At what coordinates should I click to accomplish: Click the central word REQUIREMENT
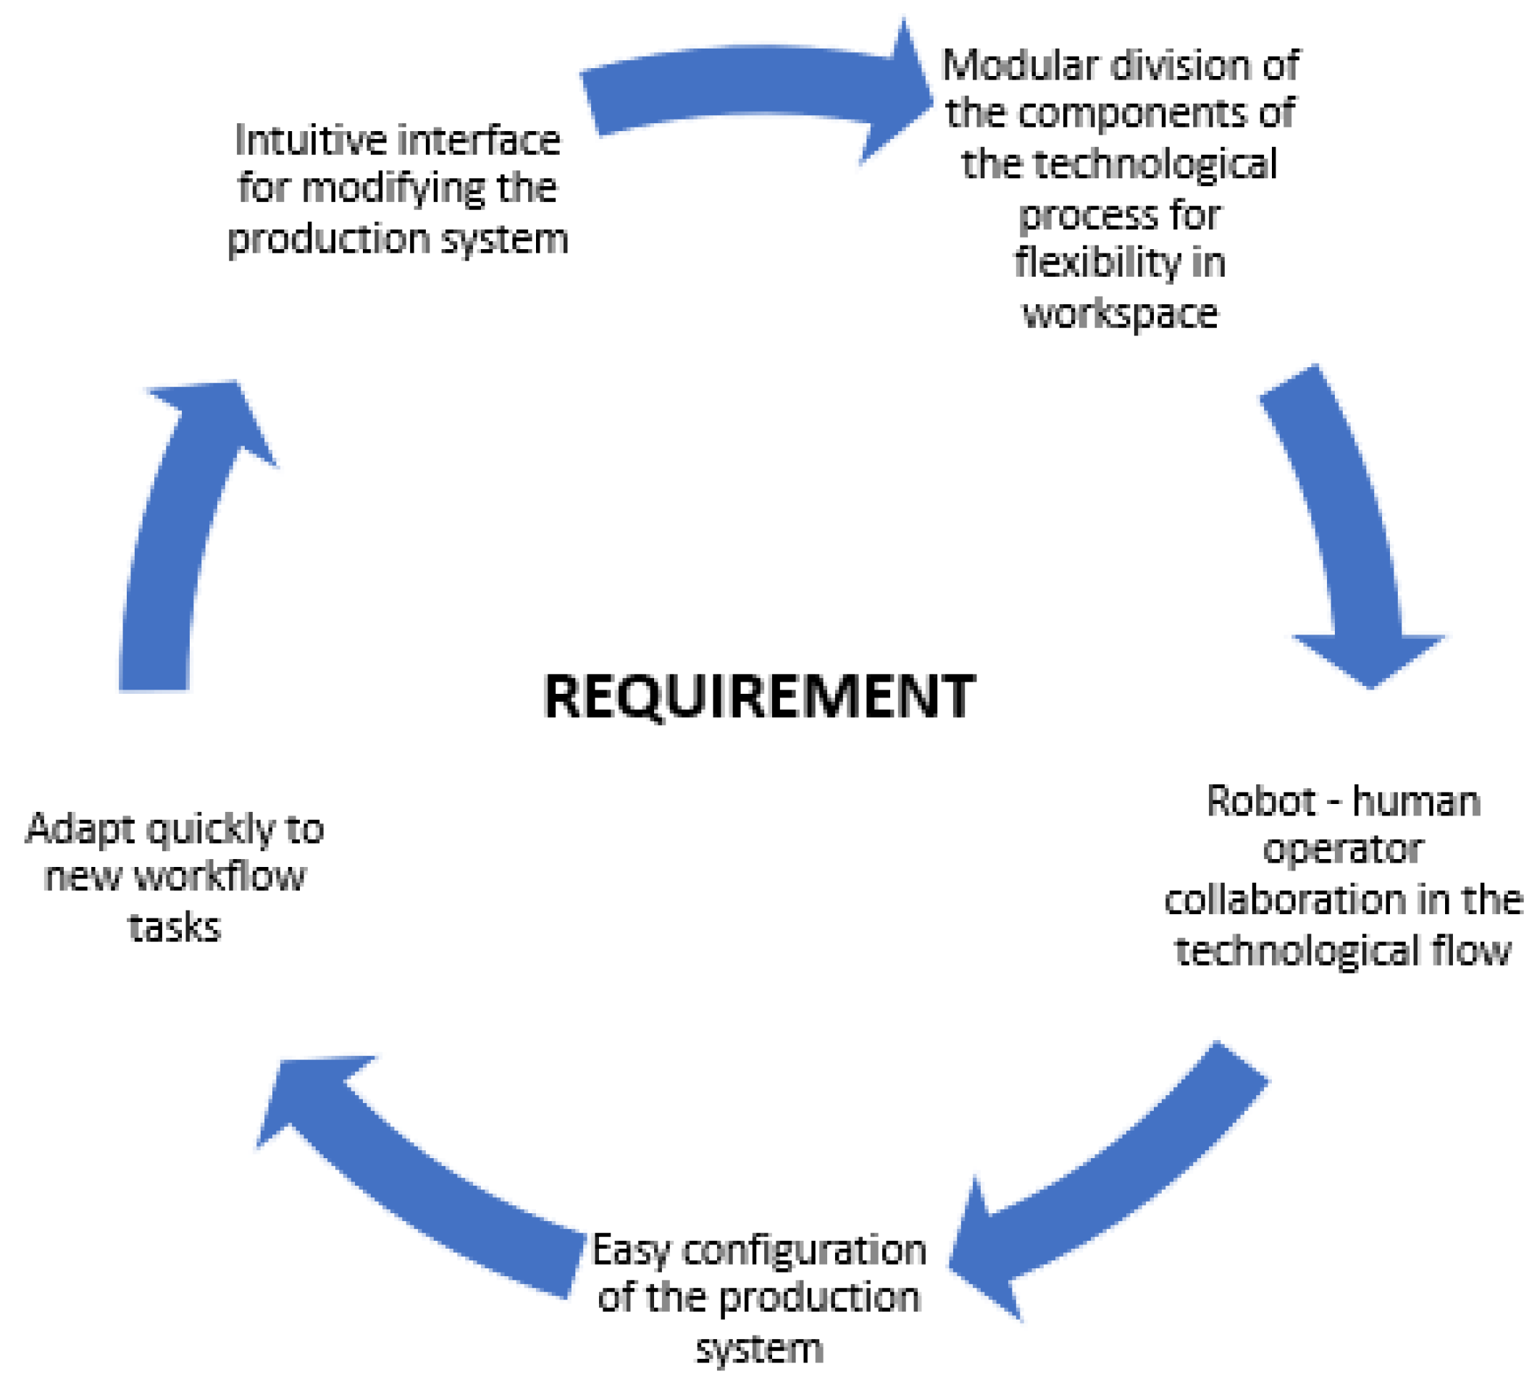pos(758,696)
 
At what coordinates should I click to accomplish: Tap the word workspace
pos(1119,314)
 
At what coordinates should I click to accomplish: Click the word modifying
pos(393,188)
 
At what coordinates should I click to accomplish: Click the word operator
pos(1343,850)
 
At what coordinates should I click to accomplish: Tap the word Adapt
pos(80,829)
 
